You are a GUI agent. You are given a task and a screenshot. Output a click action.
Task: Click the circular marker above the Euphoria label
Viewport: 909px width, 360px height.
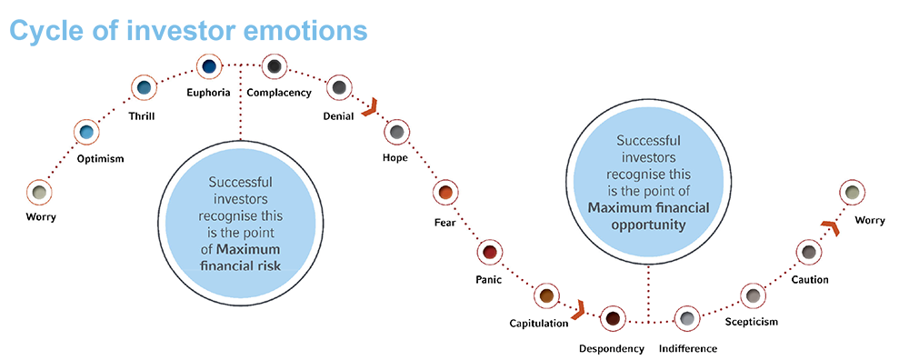click(x=210, y=65)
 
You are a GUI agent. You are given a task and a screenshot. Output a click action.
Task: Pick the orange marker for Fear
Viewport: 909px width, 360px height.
click(x=445, y=193)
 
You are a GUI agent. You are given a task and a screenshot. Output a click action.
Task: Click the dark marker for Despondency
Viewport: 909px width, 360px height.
click(x=613, y=318)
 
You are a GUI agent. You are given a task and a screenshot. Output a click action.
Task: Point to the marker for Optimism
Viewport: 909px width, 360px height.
click(x=86, y=133)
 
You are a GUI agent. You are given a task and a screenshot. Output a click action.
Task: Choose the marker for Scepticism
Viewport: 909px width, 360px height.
click(x=752, y=295)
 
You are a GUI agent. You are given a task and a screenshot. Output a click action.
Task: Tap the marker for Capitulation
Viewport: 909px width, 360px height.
click(x=545, y=295)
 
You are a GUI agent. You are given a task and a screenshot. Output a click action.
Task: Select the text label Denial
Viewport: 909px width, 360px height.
click(x=339, y=116)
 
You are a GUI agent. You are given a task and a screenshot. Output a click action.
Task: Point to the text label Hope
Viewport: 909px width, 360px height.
click(x=395, y=158)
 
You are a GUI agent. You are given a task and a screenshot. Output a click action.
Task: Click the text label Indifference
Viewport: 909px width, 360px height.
click(x=688, y=348)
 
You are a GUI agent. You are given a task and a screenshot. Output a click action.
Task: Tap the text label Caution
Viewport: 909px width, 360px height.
click(x=809, y=279)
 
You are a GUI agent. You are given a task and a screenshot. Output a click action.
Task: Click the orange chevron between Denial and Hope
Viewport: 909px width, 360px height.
click(x=369, y=109)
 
